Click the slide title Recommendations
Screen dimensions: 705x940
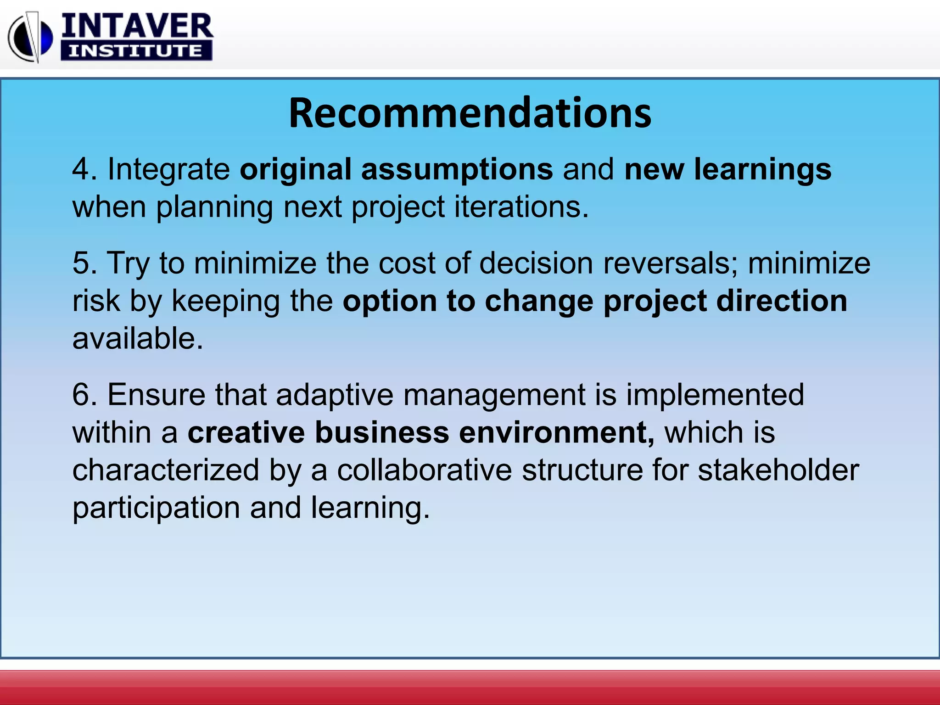(x=470, y=113)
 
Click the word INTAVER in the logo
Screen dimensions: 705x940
(x=137, y=27)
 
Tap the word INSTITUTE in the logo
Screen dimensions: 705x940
(x=136, y=50)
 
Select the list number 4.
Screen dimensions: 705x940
(x=81, y=169)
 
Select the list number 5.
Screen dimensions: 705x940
(x=81, y=263)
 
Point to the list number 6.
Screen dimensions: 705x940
(x=81, y=395)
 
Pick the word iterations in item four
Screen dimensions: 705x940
(x=521, y=207)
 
